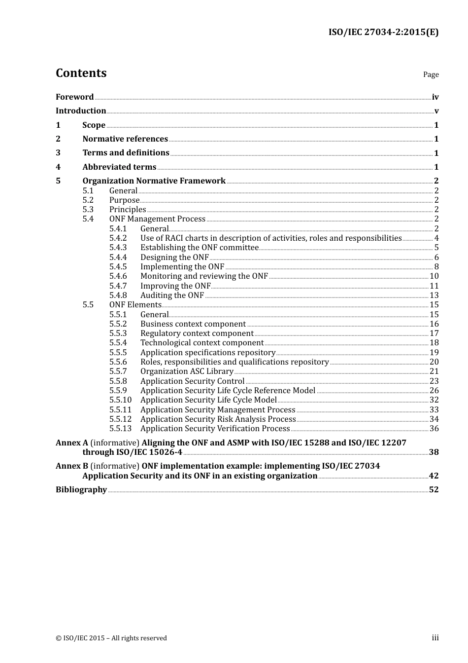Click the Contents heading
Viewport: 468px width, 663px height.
coord(81,73)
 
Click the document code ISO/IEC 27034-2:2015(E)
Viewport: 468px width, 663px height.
coord(383,32)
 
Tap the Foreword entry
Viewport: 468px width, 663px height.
coord(74,97)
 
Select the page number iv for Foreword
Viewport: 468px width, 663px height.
coord(435,97)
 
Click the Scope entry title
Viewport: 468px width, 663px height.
coord(94,125)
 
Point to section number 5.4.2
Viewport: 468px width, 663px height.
coord(118,238)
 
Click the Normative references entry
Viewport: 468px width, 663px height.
coord(125,139)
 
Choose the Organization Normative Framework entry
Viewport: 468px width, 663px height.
coord(154,181)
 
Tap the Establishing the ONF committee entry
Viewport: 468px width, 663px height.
coord(199,248)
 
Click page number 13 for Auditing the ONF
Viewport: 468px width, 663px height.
coord(434,295)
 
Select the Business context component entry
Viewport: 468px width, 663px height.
coord(193,324)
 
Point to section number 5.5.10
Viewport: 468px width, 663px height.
coord(120,400)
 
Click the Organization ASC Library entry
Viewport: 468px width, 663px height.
coord(187,371)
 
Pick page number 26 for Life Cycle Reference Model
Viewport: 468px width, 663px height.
coord(434,391)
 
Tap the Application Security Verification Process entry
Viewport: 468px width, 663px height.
coord(215,429)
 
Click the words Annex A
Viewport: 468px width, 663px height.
coord(71,443)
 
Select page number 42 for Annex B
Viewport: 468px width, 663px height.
coord(434,476)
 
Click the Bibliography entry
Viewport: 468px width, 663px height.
coord(81,490)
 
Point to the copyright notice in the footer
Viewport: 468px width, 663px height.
coord(111,638)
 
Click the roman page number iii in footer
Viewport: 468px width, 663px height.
coord(435,638)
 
